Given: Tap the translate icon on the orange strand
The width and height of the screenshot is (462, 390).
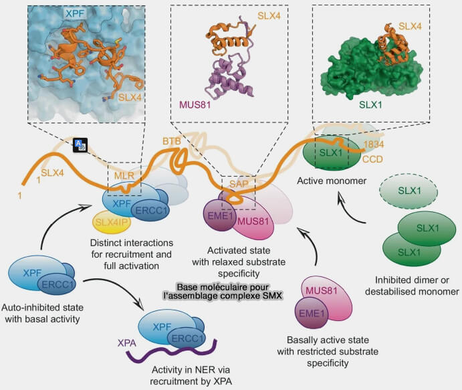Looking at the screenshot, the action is pyautogui.click(x=80, y=144).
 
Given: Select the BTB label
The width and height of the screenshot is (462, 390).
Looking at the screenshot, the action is pyautogui.click(x=172, y=141).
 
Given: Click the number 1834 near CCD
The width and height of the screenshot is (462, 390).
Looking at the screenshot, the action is pyautogui.click(x=374, y=144).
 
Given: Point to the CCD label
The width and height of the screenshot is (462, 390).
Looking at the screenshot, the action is pyautogui.click(x=372, y=159).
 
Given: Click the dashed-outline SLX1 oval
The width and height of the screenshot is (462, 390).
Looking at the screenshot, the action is pyautogui.click(x=409, y=191).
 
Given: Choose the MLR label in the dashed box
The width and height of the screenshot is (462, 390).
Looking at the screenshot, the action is pyautogui.click(x=124, y=176).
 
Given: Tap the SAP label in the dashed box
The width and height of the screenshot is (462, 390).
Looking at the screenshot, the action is pyautogui.click(x=239, y=184).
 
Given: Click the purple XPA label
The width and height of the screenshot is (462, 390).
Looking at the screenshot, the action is pyautogui.click(x=126, y=343).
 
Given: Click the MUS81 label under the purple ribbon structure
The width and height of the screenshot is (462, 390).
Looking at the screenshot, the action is pyautogui.click(x=195, y=104).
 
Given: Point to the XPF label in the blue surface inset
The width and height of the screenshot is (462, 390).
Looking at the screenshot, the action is pyautogui.click(x=75, y=14).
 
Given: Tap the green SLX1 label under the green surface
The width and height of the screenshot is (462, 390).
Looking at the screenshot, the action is pyautogui.click(x=370, y=104).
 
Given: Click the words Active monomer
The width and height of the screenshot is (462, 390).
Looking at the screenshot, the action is pyautogui.click(x=332, y=181).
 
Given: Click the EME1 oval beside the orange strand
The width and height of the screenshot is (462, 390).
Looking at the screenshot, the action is pyautogui.click(x=219, y=216).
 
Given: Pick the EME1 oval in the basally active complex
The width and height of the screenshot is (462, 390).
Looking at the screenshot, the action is pyautogui.click(x=311, y=313).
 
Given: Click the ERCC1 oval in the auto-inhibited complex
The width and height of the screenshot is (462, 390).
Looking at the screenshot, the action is pyautogui.click(x=57, y=284).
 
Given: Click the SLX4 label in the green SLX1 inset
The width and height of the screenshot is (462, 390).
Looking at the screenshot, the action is pyautogui.click(x=410, y=26).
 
